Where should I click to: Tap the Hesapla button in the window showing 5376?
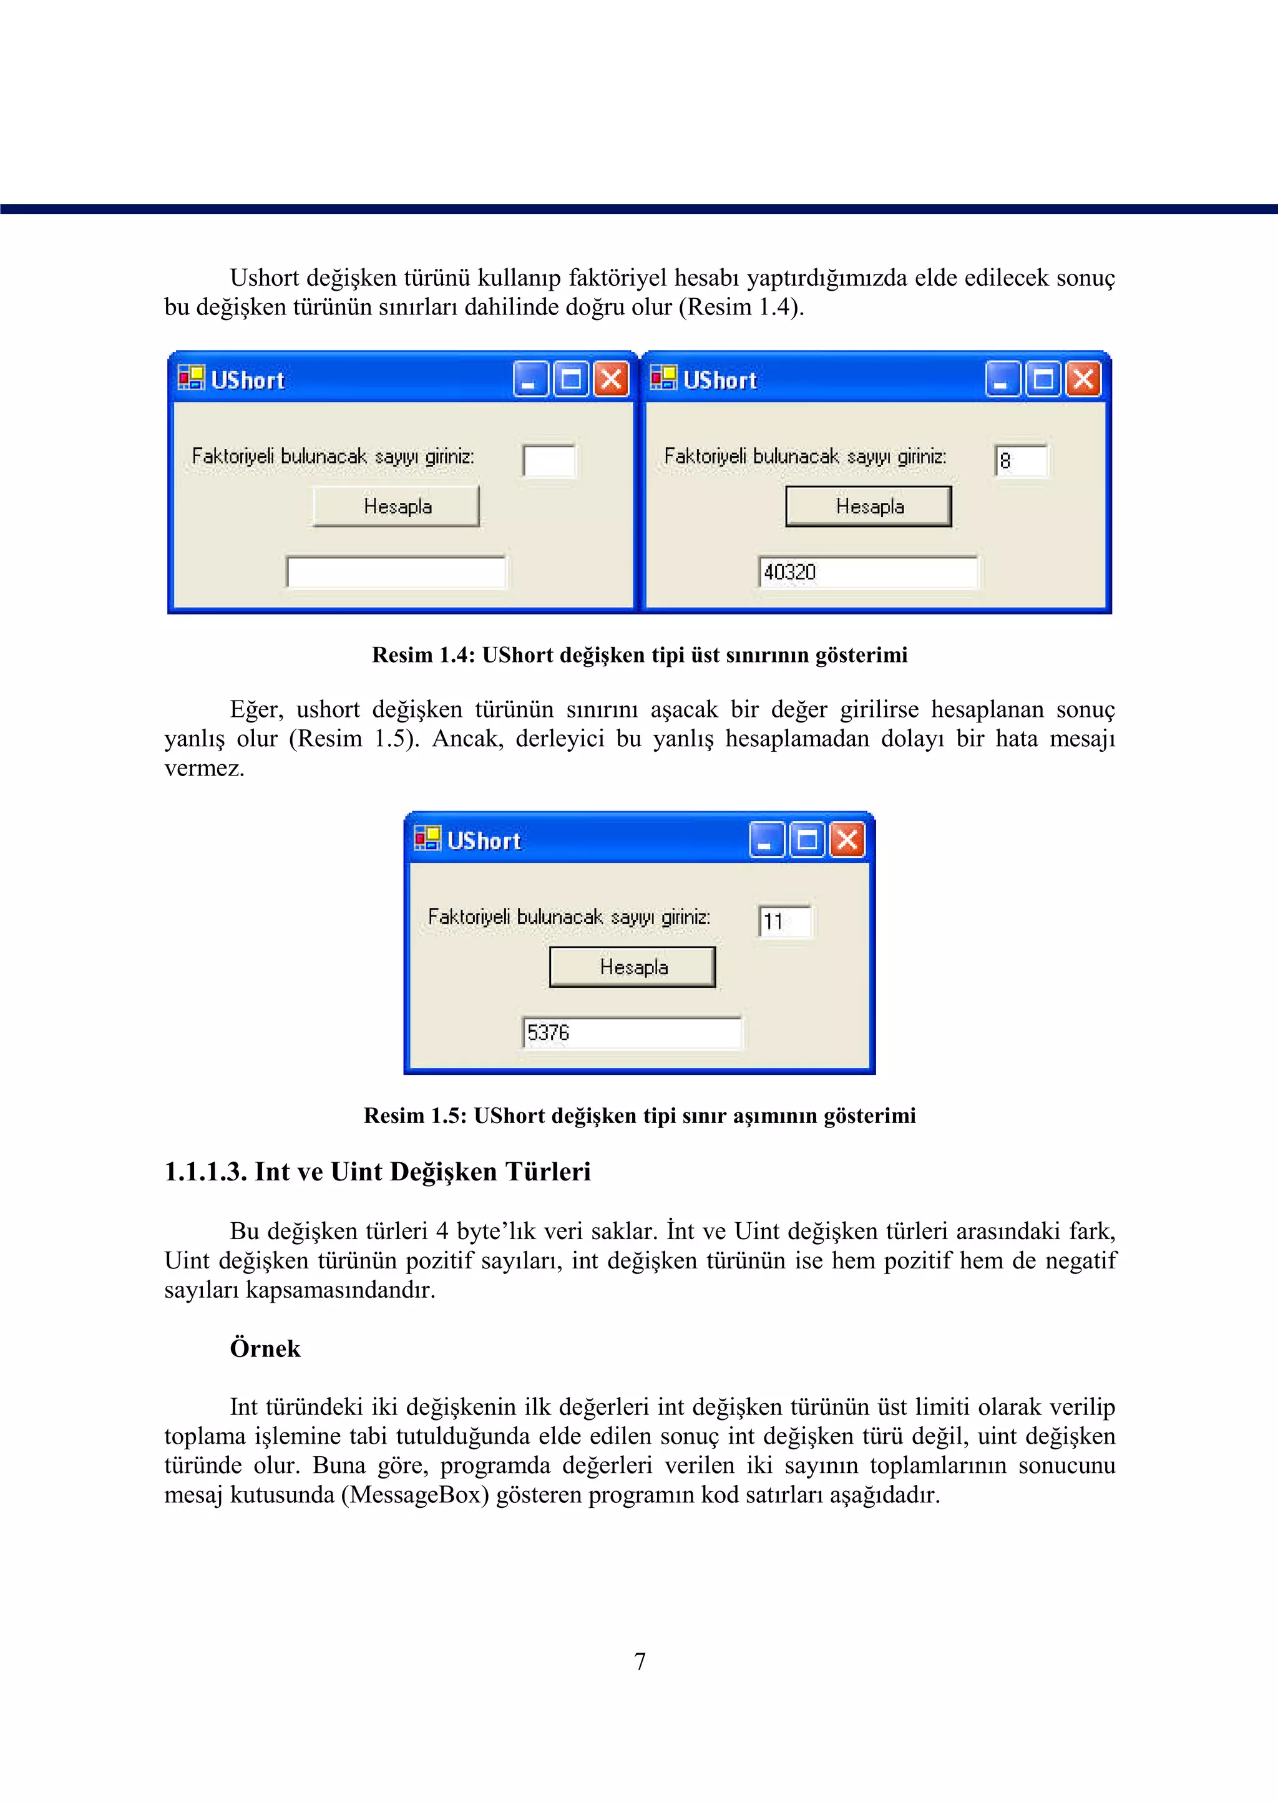(x=633, y=967)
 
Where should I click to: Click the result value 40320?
(x=790, y=572)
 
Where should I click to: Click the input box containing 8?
(x=1021, y=461)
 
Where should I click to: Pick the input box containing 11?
(x=784, y=921)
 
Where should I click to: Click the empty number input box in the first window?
(x=549, y=461)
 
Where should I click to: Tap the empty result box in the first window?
(x=396, y=572)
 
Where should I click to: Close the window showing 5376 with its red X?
(x=847, y=840)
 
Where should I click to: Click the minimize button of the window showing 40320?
(x=1002, y=380)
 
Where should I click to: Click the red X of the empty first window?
(x=612, y=380)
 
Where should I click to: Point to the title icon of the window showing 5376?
(x=427, y=838)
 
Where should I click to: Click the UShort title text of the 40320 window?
(x=719, y=381)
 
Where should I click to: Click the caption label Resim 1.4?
(x=422, y=655)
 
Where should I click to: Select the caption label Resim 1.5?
(x=415, y=1116)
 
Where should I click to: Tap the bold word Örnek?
(x=265, y=1348)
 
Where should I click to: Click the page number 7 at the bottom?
(x=640, y=1661)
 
